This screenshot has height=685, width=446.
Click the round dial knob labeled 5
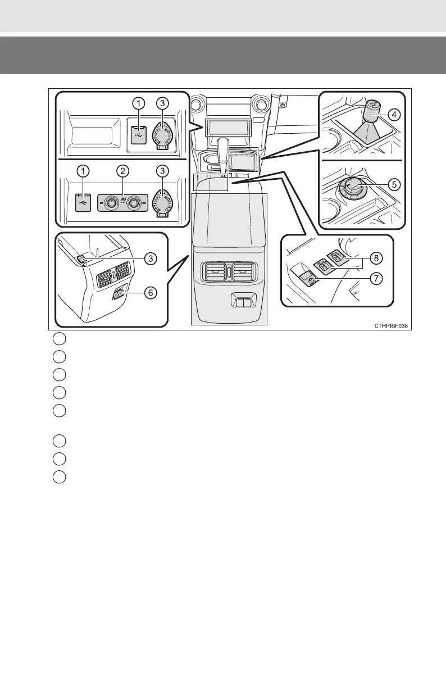tap(354, 186)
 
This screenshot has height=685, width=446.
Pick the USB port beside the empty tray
tap(138, 135)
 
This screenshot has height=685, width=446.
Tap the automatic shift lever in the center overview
tap(229, 152)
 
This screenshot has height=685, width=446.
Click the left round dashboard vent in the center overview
tap(198, 105)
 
